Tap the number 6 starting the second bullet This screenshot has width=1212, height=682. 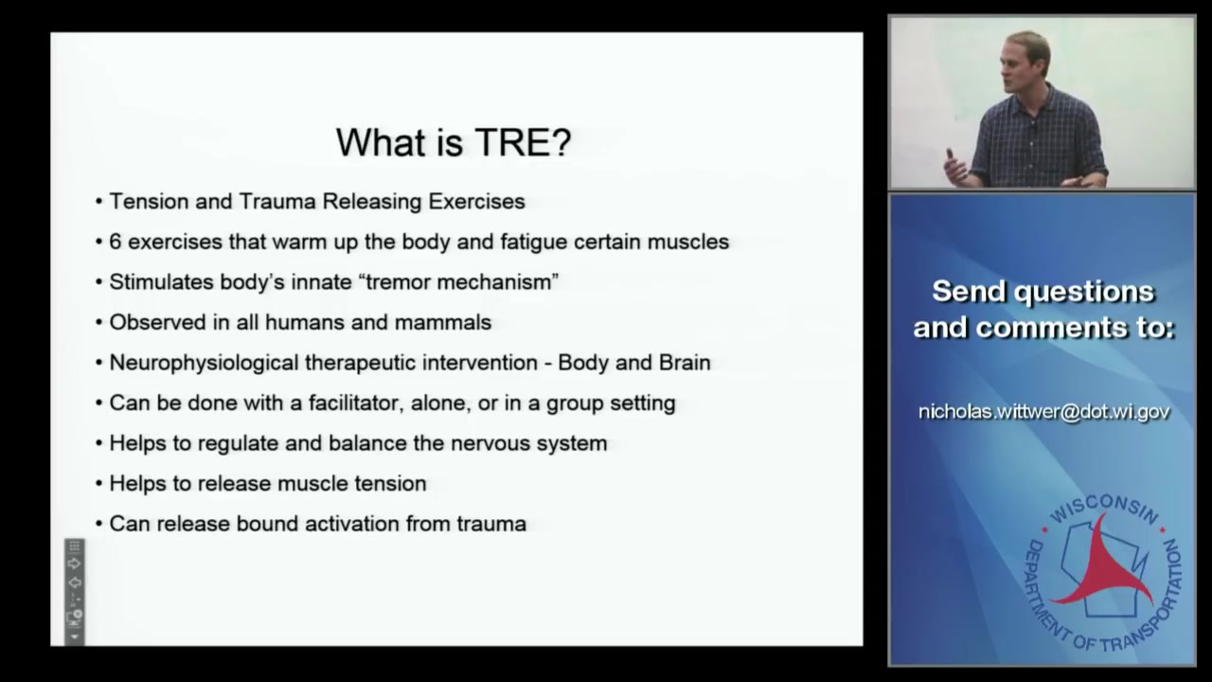[x=115, y=242]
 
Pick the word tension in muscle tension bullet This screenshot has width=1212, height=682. [x=389, y=483]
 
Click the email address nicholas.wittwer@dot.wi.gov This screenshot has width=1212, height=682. [x=1043, y=412]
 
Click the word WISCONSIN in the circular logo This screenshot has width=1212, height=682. [x=1104, y=509]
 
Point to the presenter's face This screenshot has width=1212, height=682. [x=1026, y=63]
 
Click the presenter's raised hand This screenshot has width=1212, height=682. [x=954, y=166]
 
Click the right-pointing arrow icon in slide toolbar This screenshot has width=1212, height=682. [x=74, y=564]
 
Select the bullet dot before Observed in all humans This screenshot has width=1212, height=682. [x=99, y=323]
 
